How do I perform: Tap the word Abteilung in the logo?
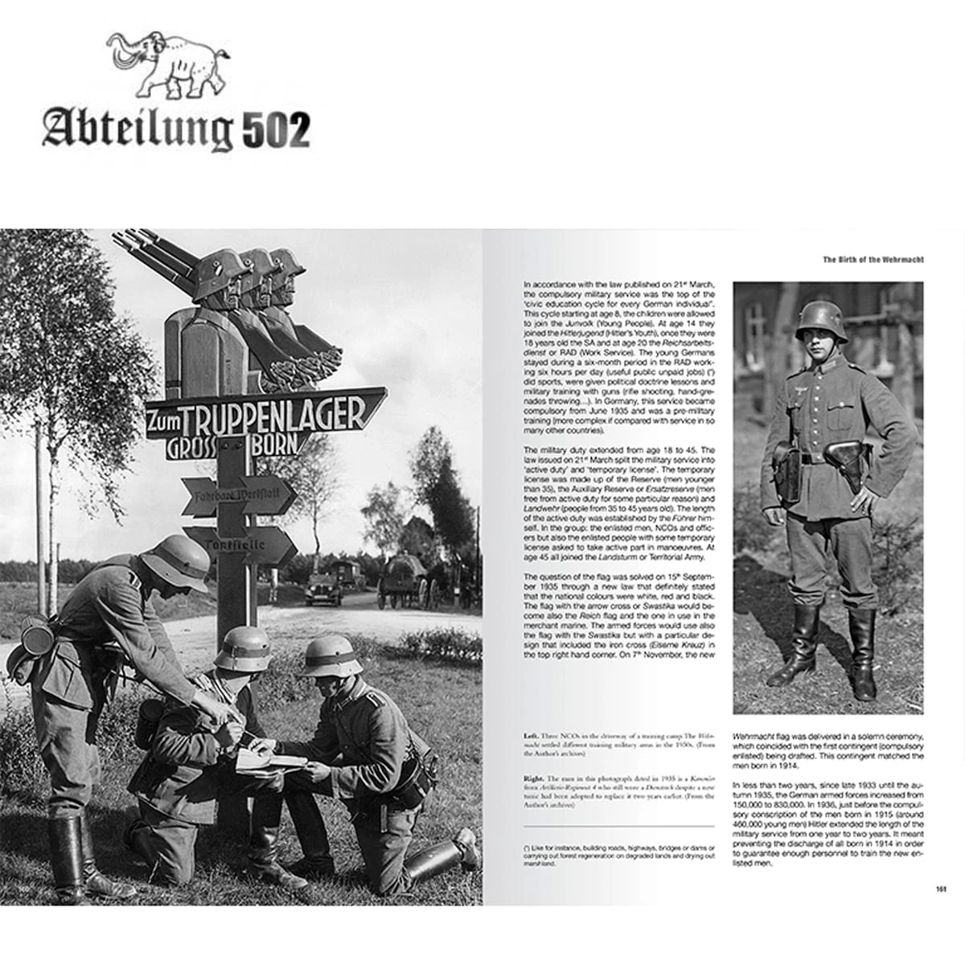tap(137, 129)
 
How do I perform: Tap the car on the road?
tap(322, 588)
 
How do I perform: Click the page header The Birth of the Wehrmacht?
tap(873, 260)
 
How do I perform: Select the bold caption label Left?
tap(531, 736)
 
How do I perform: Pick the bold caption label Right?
tap(533, 779)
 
